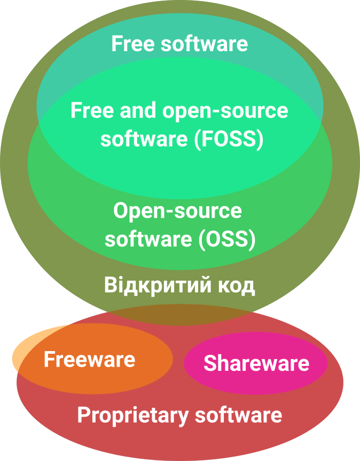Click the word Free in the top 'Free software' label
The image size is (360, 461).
[133, 44]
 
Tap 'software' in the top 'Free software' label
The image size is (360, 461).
[204, 44]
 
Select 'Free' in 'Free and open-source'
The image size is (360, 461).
[92, 110]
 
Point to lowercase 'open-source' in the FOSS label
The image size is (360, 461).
[225, 112]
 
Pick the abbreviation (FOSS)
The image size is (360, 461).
[229, 139]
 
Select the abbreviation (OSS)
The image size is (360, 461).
[226, 239]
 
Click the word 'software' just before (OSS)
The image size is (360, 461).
[148, 239]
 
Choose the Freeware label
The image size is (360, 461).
[90, 359]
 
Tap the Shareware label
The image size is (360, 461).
[256, 363]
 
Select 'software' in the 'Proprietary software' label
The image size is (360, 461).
[239, 415]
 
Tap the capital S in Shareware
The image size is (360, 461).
[210, 363]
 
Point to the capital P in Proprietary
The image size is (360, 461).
[83, 415]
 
